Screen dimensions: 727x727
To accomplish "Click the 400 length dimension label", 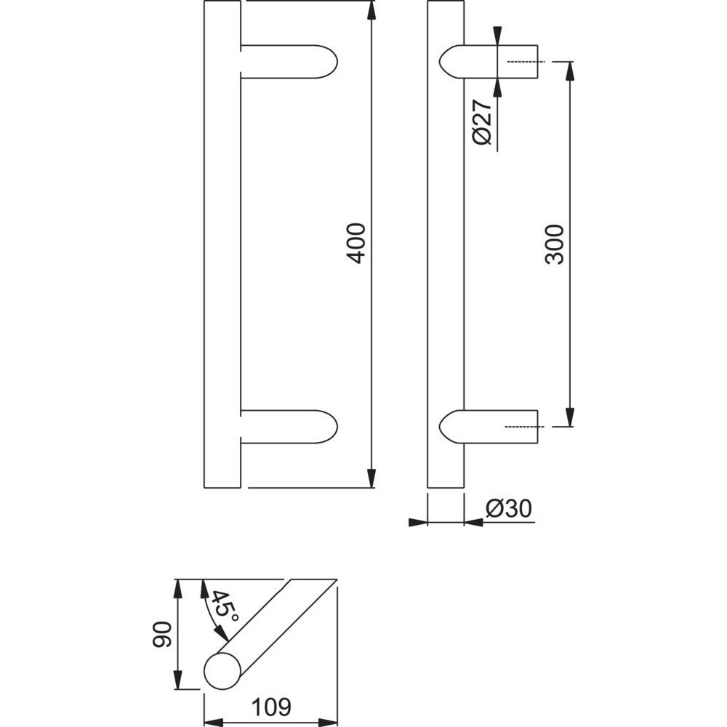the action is coord(356,244).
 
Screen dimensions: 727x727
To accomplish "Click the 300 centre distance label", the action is coord(554,244).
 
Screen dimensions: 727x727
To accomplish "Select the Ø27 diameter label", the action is coord(482,122).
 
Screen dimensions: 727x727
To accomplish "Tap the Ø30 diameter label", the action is coord(509,509).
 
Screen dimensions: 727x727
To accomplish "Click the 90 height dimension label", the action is coord(162,634).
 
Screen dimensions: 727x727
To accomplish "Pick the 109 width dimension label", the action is coord(271,707).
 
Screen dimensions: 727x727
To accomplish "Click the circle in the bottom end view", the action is coord(222,670).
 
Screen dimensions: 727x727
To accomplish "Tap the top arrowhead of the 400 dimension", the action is coord(371,9).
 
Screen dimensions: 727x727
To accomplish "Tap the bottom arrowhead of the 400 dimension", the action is coord(371,478).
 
